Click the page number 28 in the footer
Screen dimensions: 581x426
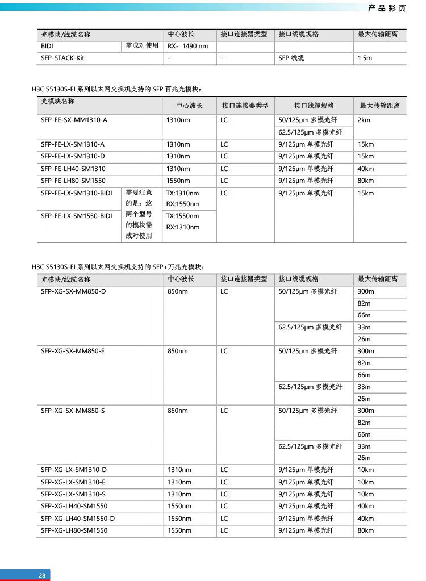click(42, 575)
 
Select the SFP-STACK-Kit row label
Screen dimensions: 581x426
click(62, 58)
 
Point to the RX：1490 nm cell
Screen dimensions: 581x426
click(188, 46)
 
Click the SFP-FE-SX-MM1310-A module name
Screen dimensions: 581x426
click(74, 120)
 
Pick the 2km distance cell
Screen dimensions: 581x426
click(364, 120)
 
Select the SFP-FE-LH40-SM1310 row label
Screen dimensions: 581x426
click(73, 169)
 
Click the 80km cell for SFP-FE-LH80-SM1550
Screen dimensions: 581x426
click(366, 181)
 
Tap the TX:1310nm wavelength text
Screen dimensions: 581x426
click(182, 193)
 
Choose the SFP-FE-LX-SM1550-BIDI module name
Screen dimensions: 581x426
click(77, 216)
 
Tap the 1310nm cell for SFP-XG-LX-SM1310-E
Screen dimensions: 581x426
click(179, 482)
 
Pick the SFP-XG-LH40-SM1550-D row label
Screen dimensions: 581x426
click(78, 518)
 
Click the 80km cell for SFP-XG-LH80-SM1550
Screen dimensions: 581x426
click(366, 530)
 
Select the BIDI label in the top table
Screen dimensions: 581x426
click(47, 46)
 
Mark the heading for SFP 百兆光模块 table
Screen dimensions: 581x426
click(116, 89)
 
